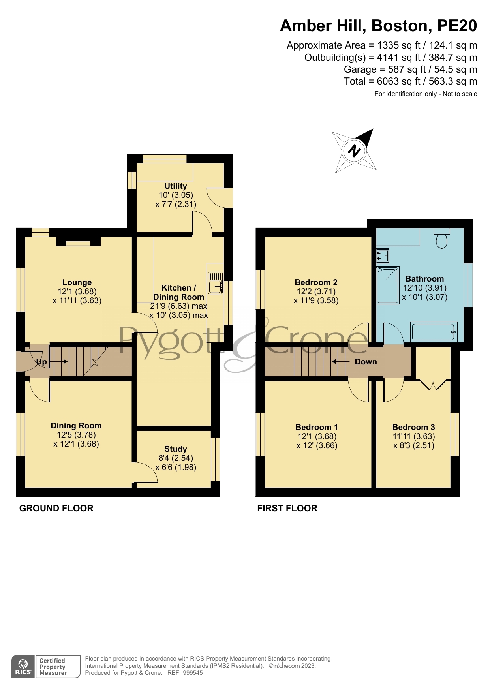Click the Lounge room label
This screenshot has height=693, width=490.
click(x=77, y=282)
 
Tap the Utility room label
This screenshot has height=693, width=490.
click(x=176, y=186)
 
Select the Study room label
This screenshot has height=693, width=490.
click(x=176, y=449)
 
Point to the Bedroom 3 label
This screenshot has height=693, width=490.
click(x=413, y=427)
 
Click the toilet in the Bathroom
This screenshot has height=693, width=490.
click(x=442, y=238)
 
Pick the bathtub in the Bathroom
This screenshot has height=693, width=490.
click(x=434, y=332)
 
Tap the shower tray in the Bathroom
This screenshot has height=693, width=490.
click(x=388, y=285)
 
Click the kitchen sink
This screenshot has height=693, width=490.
click(x=215, y=283)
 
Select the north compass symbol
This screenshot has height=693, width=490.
click(x=354, y=151)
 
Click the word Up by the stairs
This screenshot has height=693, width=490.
click(x=41, y=362)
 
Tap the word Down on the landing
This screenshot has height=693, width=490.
click(x=366, y=362)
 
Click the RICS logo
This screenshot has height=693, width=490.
click(x=23, y=667)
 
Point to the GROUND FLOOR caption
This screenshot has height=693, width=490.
click(x=56, y=508)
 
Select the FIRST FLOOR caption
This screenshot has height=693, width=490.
click(x=287, y=508)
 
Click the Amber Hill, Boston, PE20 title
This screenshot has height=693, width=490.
click(x=378, y=26)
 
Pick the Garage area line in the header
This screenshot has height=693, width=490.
click(x=411, y=69)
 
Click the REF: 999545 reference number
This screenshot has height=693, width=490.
click(x=185, y=673)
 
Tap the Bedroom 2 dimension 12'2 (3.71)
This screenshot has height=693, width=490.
click(x=316, y=291)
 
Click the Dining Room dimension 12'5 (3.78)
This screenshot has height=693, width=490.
click(x=76, y=435)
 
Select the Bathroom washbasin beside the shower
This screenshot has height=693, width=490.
click(x=383, y=256)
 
